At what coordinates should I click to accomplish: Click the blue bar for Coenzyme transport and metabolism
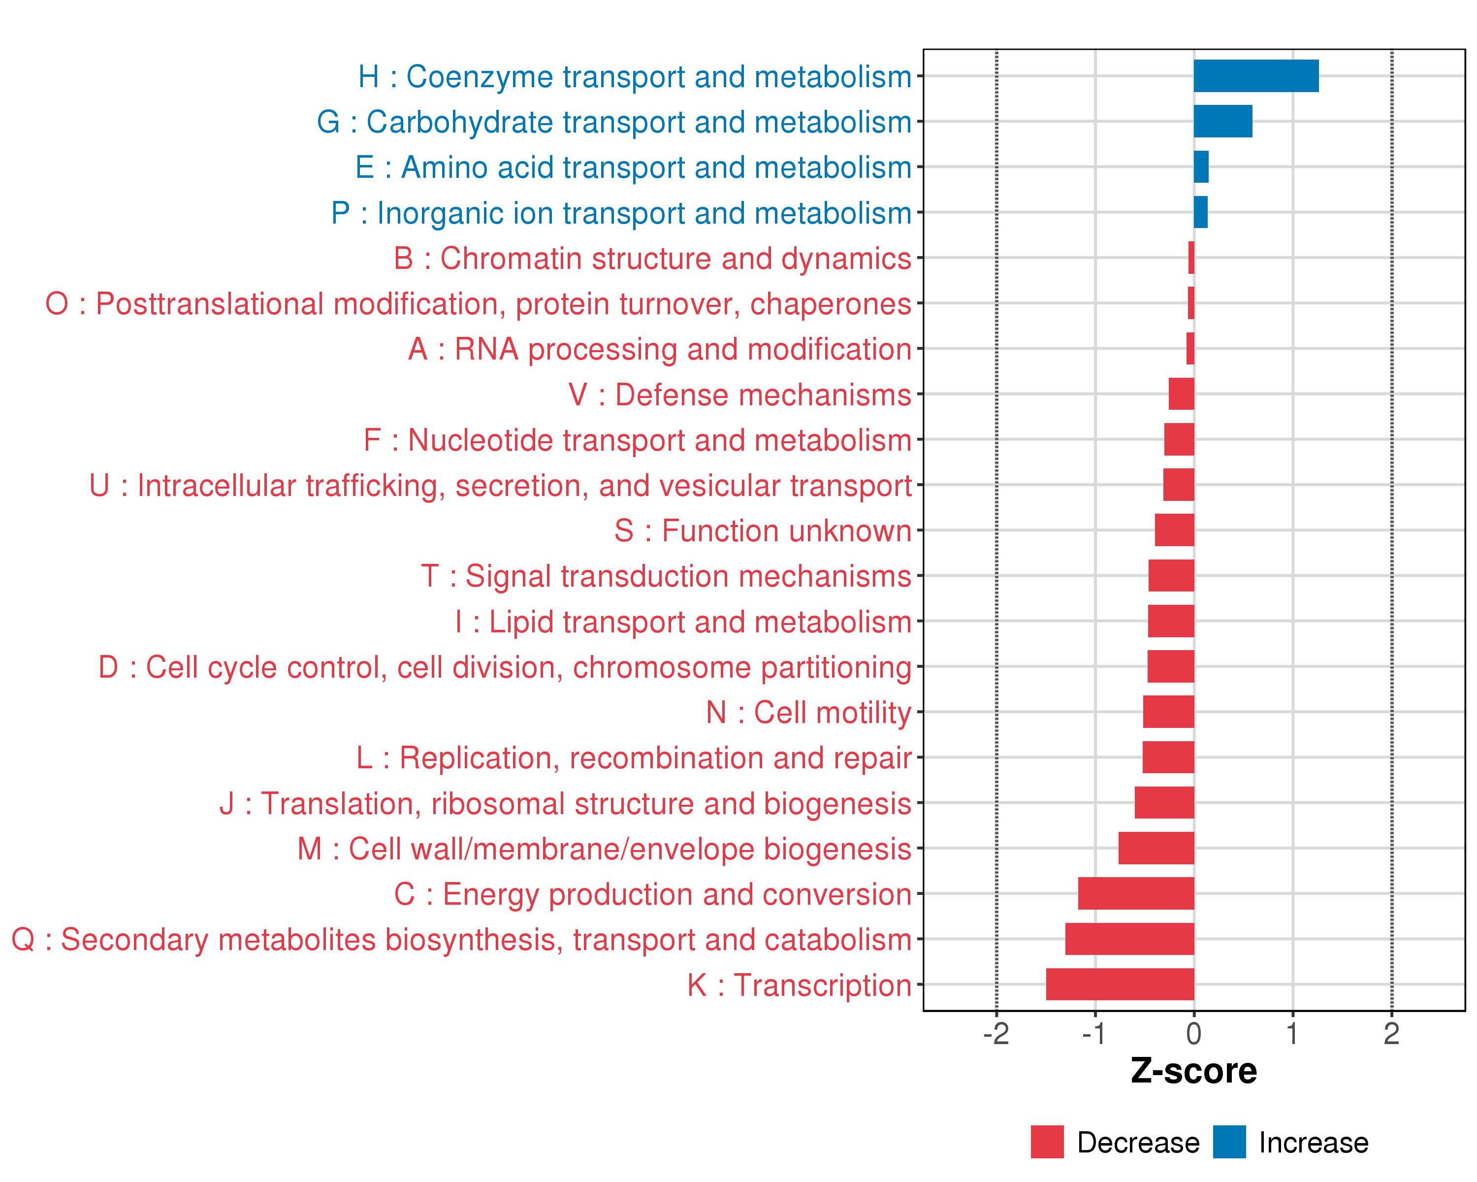(x=1256, y=76)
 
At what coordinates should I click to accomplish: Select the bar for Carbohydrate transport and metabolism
(x=1223, y=121)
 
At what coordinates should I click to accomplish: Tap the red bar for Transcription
(x=1120, y=984)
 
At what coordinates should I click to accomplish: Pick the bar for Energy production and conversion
(x=1136, y=893)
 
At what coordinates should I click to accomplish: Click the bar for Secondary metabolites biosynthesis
(x=1130, y=939)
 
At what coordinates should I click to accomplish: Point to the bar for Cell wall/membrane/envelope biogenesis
(x=1156, y=848)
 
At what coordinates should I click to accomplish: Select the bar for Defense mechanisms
(x=1182, y=394)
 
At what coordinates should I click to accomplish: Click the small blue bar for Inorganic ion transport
(x=1201, y=212)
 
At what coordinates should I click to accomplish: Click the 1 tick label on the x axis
(x=1293, y=1033)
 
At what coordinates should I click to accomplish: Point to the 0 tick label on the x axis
(x=1194, y=1033)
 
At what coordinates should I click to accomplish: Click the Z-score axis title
(x=1194, y=1071)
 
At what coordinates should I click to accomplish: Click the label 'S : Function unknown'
(x=763, y=531)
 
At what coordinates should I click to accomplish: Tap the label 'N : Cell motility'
(x=808, y=713)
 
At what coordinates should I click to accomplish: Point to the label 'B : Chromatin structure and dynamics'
(x=652, y=259)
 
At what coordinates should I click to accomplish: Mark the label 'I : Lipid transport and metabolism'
(x=683, y=622)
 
